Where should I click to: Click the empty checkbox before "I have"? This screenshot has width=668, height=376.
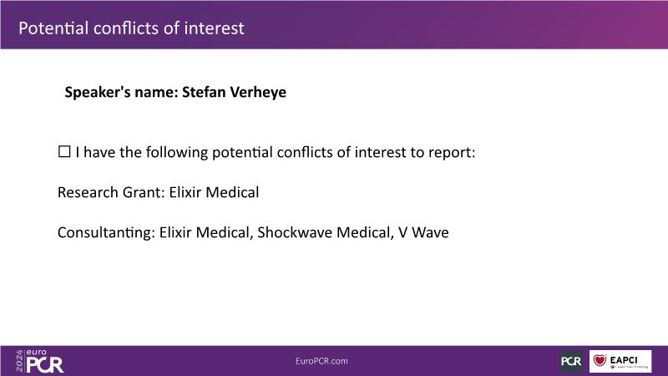(x=64, y=151)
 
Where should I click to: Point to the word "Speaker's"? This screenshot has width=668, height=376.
(x=98, y=93)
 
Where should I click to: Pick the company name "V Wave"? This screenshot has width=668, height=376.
(x=423, y=232)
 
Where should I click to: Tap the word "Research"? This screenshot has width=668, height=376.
(x=88, y=192)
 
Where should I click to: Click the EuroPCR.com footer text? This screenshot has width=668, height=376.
(x=321, y=361)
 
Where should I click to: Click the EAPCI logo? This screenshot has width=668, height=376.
(x=620, y=361)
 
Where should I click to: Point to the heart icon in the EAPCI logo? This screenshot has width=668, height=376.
(x=600, y=360)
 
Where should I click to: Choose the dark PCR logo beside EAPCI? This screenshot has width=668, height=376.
(x=571, y=361)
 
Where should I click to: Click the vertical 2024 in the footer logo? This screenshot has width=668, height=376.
(x=19, y=361)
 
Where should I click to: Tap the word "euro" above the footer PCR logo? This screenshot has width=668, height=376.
(x=36, y=353)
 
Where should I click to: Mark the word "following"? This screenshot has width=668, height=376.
(x=177, y=153)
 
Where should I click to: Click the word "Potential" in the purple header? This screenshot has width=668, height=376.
(x=53, y=28)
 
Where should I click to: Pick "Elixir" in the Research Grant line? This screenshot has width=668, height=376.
(x=185, y=192)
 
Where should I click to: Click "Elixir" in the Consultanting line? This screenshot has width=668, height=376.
(x=175, y=232)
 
